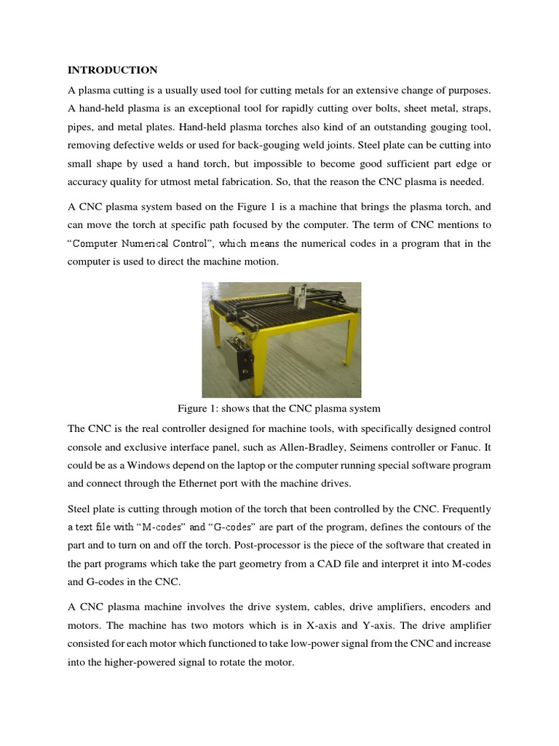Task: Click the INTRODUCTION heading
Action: (x=112, y=71)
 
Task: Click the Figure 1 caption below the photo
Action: (x=279, y=408)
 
